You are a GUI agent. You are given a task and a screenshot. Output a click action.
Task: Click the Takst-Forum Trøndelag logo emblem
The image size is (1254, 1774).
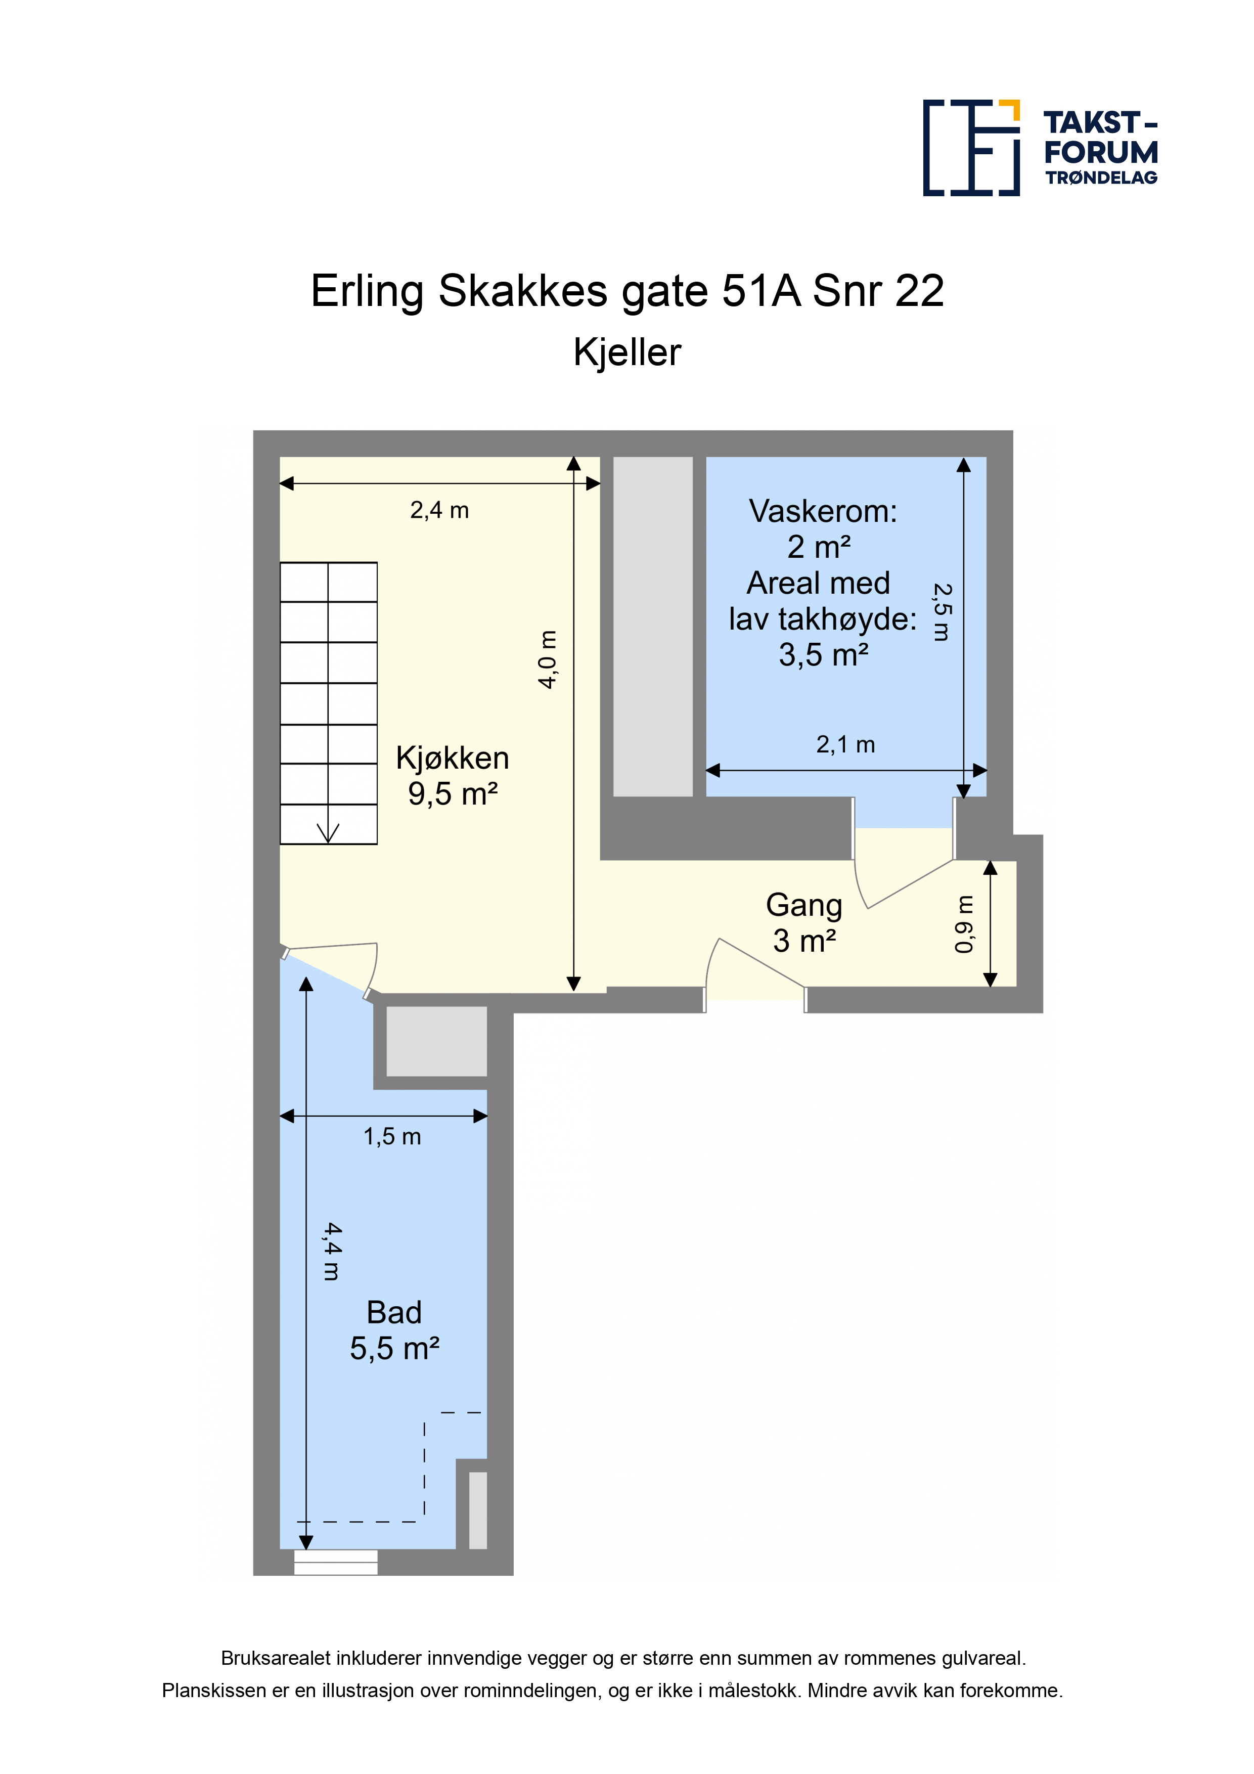pos(971,148)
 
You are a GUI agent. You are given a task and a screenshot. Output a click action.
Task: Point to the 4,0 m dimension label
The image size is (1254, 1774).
pos(548,659)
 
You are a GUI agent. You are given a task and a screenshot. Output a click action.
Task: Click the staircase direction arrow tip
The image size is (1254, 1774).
pos(328,842)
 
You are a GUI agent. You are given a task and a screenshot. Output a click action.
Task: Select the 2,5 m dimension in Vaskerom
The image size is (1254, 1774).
pos(942,612)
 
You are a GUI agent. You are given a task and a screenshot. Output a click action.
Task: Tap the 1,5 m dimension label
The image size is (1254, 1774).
pos(392,1137)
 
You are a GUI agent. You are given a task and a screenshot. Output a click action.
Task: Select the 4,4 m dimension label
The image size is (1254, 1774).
pos(332,1252)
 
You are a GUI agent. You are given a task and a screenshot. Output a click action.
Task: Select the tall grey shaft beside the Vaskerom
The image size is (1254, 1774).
pos(653,626)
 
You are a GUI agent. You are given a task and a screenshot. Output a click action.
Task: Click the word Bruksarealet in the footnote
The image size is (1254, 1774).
pos(276,1658)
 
